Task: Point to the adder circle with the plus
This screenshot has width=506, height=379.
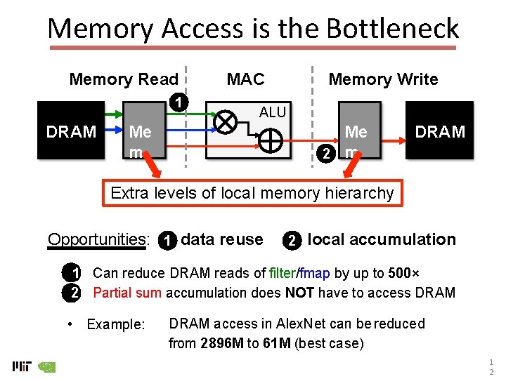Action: [271, 142]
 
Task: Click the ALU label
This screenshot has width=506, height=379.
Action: [273, 112]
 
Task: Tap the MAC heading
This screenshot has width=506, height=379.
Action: [245, 79]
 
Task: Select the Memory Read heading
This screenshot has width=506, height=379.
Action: [124, 79]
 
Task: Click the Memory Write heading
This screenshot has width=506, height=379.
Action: [383, 79]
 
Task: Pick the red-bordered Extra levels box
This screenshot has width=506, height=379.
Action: [252, 193]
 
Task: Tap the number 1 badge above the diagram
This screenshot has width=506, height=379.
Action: [181, 102]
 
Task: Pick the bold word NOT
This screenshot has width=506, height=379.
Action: [299, 293]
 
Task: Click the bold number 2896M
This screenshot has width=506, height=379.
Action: [223, 343]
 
